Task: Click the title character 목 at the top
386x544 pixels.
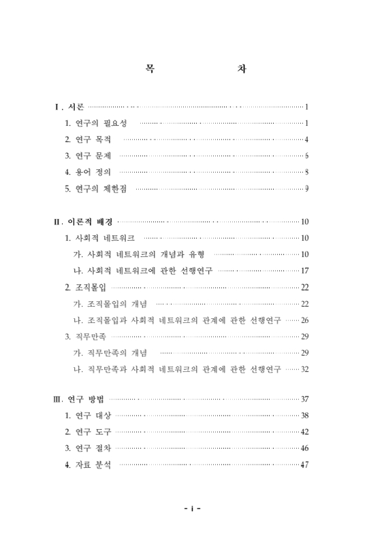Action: point(150,69)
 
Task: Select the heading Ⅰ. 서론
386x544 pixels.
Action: point(70,107)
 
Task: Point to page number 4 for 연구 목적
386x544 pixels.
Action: point(307,139)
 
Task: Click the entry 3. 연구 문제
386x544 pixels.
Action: point(88,156)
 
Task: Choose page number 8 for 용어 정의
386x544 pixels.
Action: point(307,172)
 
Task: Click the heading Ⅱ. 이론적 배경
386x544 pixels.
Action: point(84,222)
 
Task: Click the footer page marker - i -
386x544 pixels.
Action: point(193,508)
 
